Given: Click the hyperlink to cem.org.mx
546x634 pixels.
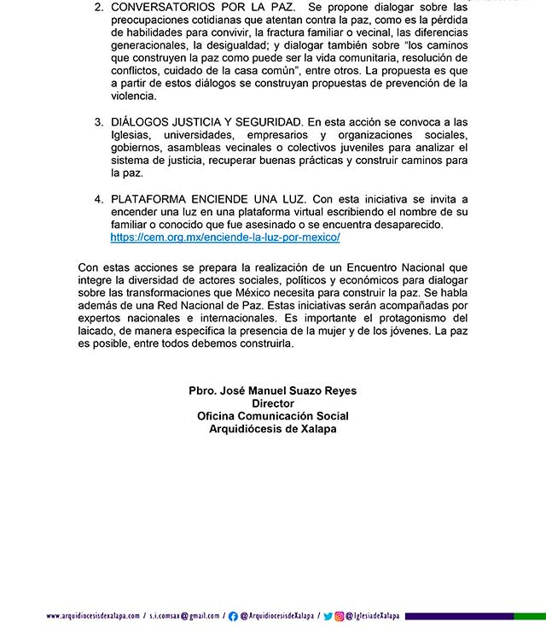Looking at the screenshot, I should coord(225,237).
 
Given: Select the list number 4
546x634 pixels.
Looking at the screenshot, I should coord(98,198).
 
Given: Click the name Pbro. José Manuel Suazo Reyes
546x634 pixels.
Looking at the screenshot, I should coord(273,390).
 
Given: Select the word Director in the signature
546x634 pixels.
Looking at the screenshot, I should coord(273,403).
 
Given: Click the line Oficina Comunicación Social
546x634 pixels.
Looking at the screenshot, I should coord(273,416).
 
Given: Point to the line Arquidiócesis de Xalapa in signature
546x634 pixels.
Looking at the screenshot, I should coord(273,429).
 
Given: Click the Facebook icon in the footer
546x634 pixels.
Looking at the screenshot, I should coord(234,616).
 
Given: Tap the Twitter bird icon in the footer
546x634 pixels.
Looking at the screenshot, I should coord(328,616).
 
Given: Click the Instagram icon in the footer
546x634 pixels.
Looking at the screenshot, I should coord(339,616).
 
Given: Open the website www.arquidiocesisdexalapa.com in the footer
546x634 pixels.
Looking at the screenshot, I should coord(93,616).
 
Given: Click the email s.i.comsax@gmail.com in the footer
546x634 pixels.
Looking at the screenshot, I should coord(184,616).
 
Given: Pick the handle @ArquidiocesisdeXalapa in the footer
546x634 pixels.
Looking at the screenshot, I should coord(276,616).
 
